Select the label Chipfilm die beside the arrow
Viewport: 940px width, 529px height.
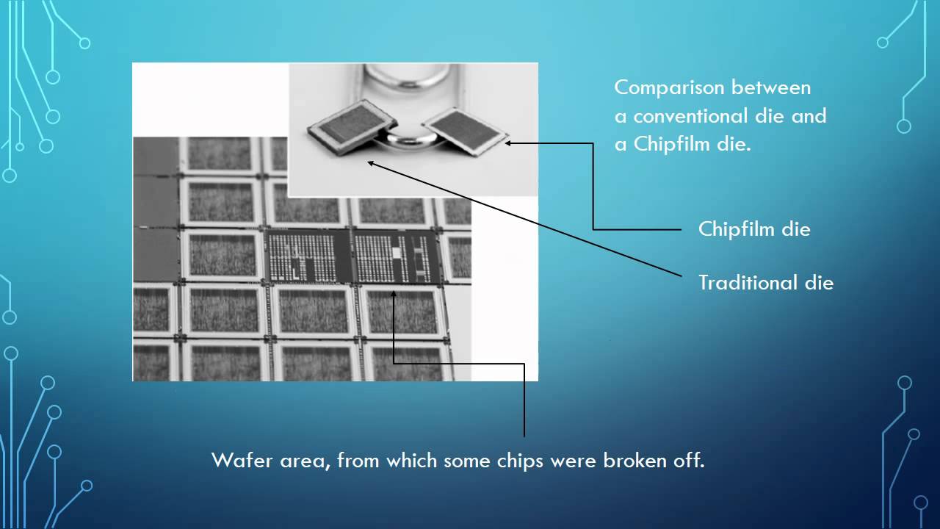pos(754,229)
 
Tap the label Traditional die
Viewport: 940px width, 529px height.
pos(766,283)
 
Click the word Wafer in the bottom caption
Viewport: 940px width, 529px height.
pos(236,461)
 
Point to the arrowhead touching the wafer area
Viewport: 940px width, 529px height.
pos(394,294)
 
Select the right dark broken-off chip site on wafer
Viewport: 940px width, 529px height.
pos(397,256)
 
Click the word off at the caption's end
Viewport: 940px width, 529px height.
pos(690,461)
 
